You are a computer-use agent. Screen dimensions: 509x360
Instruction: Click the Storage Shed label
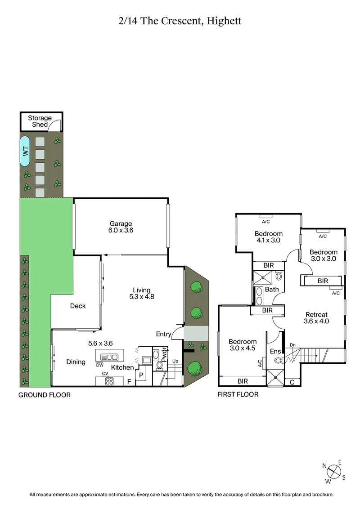40,121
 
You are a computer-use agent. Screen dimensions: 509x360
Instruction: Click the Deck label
78,306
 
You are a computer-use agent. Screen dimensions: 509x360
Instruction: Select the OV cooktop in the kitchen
109,381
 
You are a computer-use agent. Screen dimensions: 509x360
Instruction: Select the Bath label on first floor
272,290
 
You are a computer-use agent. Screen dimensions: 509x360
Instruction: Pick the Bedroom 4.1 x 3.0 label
269,237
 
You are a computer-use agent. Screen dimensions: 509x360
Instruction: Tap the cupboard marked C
292,382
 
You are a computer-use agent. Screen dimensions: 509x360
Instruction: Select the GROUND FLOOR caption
45,395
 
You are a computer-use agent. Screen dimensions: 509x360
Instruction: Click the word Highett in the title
225,21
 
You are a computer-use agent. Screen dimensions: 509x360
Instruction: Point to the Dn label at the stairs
292,345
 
